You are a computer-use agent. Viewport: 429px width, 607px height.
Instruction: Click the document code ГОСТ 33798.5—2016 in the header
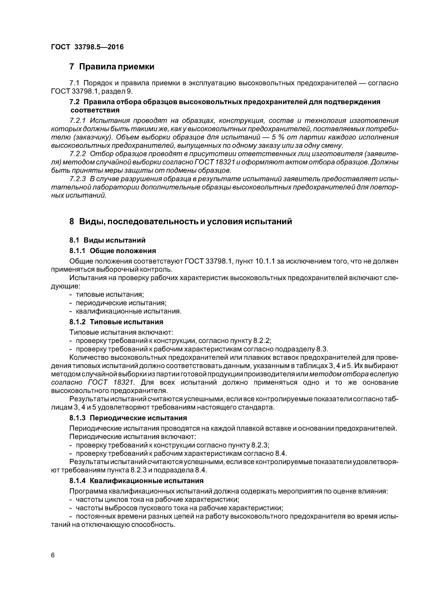[x=87, y=47]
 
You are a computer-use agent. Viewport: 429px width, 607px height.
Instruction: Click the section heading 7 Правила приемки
[x=112, y=67]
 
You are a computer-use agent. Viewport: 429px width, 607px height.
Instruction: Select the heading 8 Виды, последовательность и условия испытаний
[x=181, y=221]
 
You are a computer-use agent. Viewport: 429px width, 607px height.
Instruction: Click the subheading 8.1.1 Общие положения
[x=112, y=251]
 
